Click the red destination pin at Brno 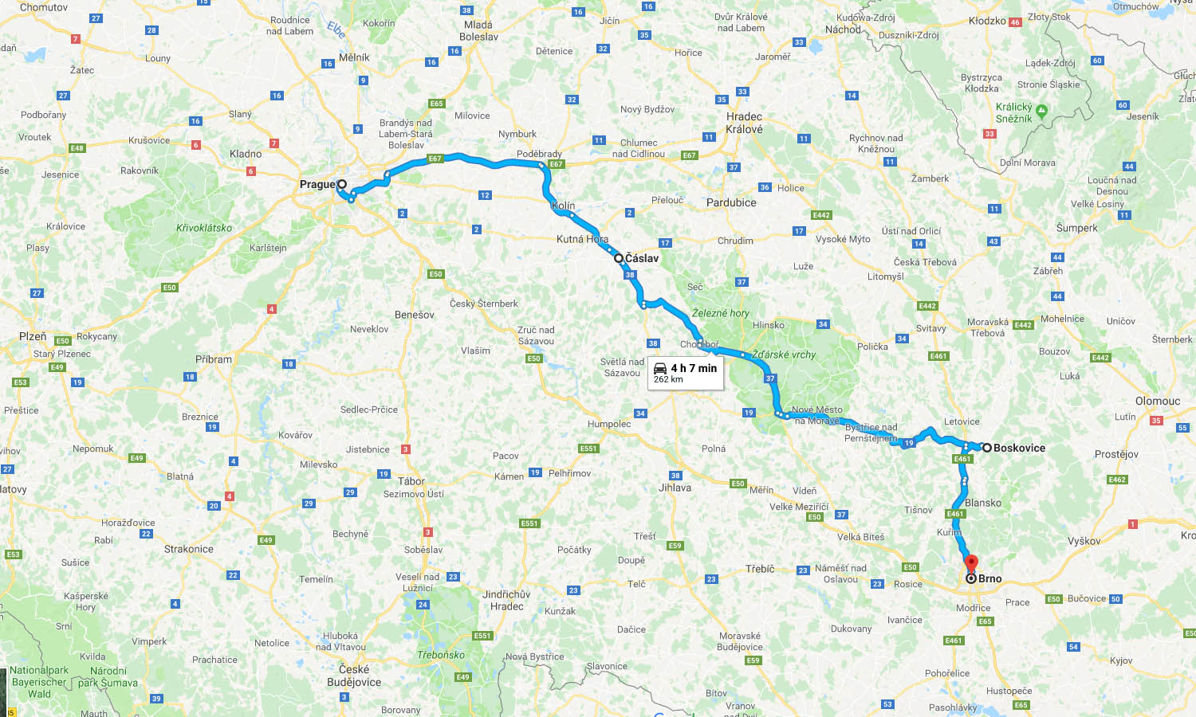pyautogui.click(x=971, y=564)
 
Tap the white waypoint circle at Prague pyautogui.click(x=342, y=184)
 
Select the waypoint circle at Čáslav pyautogui.click(x=618, y=258)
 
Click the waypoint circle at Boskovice pyautogui.click(x=986, y=448)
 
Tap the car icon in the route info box pyautogui.click(x=660, y=368)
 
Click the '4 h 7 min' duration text pyautogui.click(x=694, y=368)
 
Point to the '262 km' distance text pyautogui.click(x=668, y=379)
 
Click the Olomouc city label pyautogui.click(x=1157, y=401)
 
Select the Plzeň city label pyautogui.click(x=33, y=336)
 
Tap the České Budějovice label pyautogui.click(x=354, y=676)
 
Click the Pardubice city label pyautogui.click(x=731, y=202)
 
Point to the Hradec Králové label pyautogui.click(x=744, y=123)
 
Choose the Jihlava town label pyautogui.click(x=675, y=488)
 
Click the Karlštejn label pyautogui.click(x=268, y=248)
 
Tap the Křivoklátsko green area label pyautogui.click(x=204, y=228)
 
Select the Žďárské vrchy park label pyautogui.click(x=784, y=355)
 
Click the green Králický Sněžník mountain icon pyautogui.click(x=1041, y=110)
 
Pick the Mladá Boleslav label pyautogui.click(x=478, y=30)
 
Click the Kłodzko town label pyautogui.click(x=987, y=21)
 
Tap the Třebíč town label pyautogui.click(x=760, y=569)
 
